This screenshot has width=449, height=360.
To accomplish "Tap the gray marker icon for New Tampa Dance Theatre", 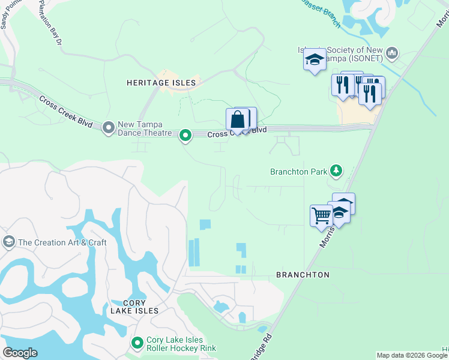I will (x=109, y=127).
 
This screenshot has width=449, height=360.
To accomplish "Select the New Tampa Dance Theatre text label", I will (x=145, y=128).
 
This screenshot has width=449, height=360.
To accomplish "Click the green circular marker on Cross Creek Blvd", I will (x=186, y=136).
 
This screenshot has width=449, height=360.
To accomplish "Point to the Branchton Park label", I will (x=299, y=172).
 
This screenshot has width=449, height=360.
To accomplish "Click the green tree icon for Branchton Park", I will (x=336, y=172).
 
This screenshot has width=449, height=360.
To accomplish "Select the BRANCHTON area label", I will (x=303, y=275).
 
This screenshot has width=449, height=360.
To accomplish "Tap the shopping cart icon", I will (x=321, y=215).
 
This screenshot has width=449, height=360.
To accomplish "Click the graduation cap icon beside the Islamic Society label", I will (x=315, y=59).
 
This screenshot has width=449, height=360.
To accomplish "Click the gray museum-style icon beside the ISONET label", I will (x=393, y=54).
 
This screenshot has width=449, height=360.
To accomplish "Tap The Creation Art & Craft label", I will (x=62, y=242).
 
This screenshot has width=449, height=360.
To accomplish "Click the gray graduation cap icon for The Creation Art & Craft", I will (x=9, y=242).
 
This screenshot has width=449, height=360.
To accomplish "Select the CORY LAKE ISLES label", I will (x=134, y=307).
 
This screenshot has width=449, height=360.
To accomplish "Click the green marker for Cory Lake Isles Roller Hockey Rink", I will (x=137, y=343).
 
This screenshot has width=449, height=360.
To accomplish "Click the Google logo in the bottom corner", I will (x=20, y=353).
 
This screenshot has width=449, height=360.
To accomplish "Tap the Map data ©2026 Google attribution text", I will (x=412, y=355).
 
